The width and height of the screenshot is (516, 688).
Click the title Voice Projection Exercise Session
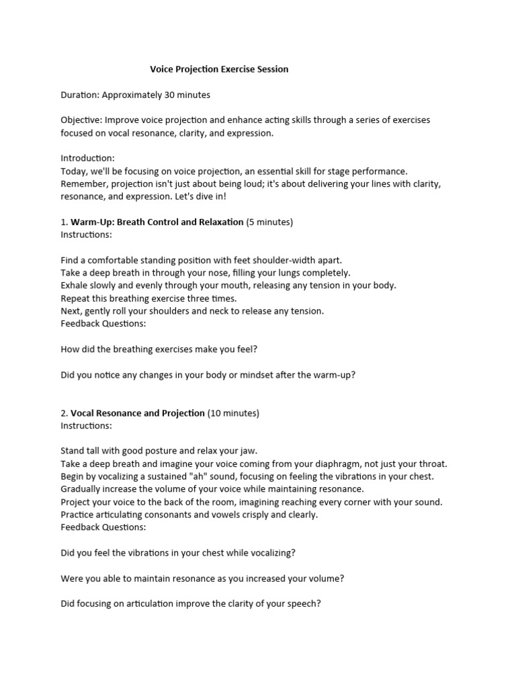click(x=219, y=69)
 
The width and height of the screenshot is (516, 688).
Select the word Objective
click(x=80, y=120)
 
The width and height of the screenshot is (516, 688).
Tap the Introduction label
click(x=87, y=158)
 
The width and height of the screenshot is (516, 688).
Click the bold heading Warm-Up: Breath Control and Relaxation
click(x=157, y=222)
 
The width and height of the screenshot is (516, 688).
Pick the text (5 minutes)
click(x=269, y=222)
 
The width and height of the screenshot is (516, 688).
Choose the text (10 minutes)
click(x=233, y=413)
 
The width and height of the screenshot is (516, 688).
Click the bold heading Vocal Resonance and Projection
click(x=138, y=413)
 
